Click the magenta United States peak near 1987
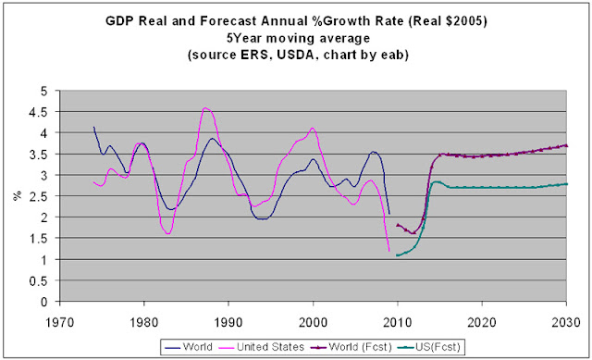point(205,108)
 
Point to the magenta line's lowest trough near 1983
point(168,233)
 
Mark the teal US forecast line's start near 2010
point(397,255)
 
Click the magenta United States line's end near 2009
point(388,251)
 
